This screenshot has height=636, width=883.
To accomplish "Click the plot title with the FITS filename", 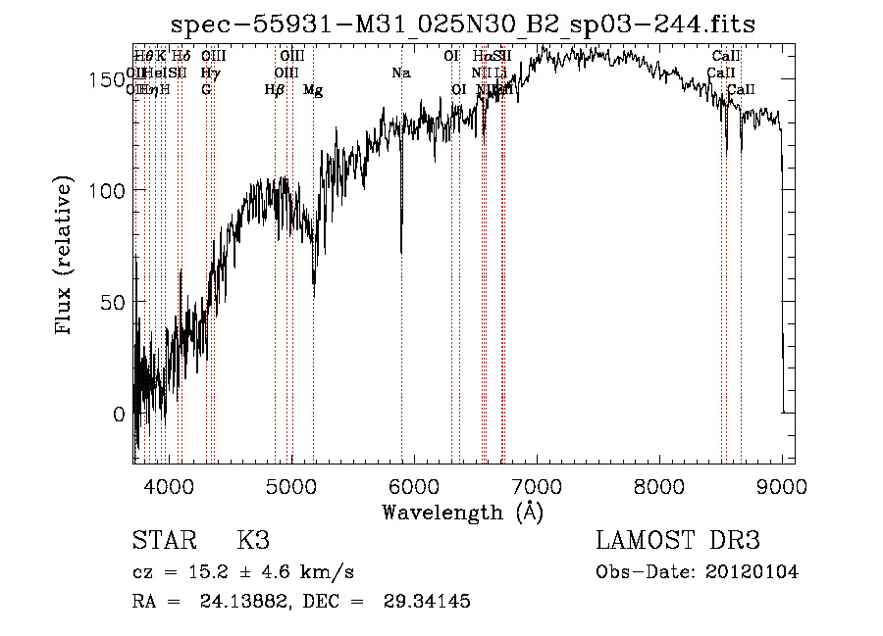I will point(463,24).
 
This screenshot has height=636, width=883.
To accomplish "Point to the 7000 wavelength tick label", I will point(537,485).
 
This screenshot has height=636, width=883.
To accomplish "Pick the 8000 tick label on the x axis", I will point(659,485).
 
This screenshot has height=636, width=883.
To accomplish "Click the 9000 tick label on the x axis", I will point(782,485).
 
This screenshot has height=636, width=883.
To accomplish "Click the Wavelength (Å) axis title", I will point(462,512).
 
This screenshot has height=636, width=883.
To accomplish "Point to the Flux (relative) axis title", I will point(66,258).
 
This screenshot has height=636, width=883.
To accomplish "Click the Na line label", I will point(401,73).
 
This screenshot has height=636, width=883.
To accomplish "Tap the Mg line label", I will point(313,90).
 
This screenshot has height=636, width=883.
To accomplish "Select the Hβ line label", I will point(275,90).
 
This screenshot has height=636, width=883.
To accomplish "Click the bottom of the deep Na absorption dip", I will point(401,251).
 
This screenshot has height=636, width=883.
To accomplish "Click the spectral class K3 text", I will point(252,541).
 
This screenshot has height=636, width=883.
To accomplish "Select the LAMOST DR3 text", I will point(678,541).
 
